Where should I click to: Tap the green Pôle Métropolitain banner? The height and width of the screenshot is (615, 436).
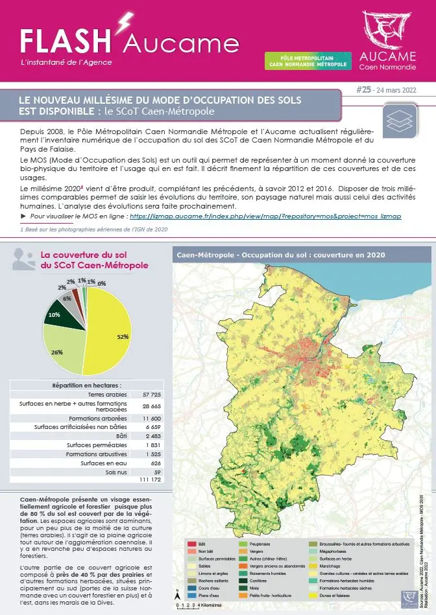click(x=308, y=62)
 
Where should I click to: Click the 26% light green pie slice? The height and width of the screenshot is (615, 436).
click(x=62, y=350)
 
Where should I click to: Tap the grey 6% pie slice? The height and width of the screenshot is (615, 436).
click(x=67, y=300)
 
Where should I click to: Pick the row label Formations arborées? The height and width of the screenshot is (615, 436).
click(x=101, y=418)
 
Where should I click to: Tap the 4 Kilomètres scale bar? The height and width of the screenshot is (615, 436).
click(x=191, y=605)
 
